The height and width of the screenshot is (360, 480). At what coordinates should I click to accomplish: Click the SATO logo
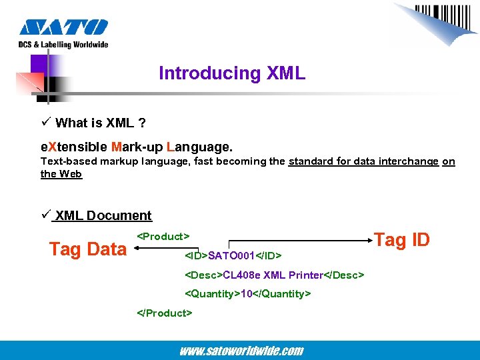(63, 27)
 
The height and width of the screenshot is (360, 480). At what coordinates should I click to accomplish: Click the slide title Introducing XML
(232, 73)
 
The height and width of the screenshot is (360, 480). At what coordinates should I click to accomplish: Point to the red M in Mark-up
(117, 145)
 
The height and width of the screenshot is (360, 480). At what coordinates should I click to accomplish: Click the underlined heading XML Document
(103, 215)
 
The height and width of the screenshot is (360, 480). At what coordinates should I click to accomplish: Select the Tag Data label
(87, 249)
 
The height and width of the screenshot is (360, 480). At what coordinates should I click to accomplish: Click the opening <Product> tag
(163, 236)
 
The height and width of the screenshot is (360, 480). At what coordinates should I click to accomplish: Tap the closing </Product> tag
(165, 313)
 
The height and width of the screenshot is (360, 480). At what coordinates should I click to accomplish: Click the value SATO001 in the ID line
(233, 255)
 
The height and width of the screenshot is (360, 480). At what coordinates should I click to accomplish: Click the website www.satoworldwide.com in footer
(241, 351)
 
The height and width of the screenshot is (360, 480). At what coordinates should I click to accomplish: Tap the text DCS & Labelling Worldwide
(63, 45)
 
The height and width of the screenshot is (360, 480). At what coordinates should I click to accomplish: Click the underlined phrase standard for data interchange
(363, 161)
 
